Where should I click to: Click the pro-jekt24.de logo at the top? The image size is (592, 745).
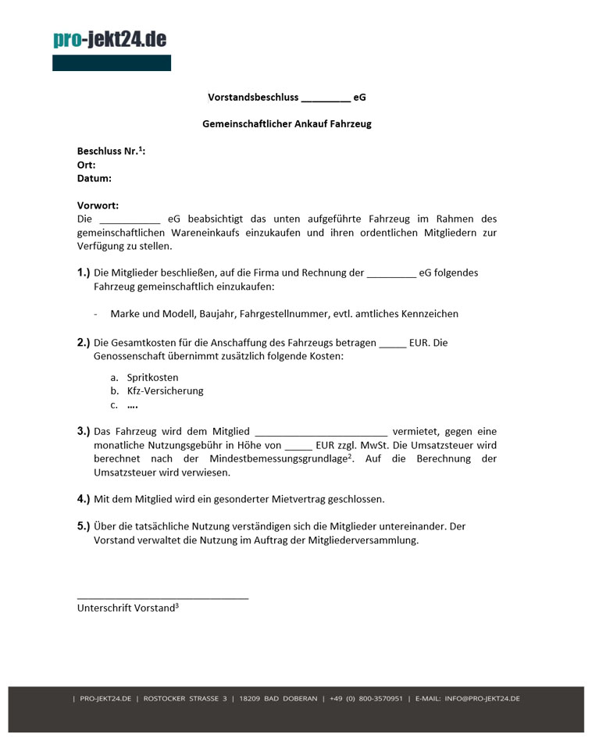[x=110, y=40]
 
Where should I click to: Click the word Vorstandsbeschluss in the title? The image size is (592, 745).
[x=253, y=98]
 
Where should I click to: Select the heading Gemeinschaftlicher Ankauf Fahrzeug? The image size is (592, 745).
[x=287, y=123]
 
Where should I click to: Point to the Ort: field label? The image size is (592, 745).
[x=86, y=165]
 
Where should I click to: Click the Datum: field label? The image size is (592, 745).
[x=94, y=178]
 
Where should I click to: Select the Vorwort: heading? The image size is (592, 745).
[x=98, y=205]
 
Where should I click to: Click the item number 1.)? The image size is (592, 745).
[x=84, y=273]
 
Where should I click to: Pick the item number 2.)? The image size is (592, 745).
[x=84, y=342]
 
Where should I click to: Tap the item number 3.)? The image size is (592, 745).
[x=84, y=431]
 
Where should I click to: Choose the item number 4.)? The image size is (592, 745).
[x=84, y=498]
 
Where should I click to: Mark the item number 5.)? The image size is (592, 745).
[x=84, y=526]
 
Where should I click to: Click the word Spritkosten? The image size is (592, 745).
[x=152, y=377]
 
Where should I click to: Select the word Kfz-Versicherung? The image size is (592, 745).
[x=165, y=390]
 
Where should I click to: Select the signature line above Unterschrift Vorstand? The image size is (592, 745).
[x=162, y=598]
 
